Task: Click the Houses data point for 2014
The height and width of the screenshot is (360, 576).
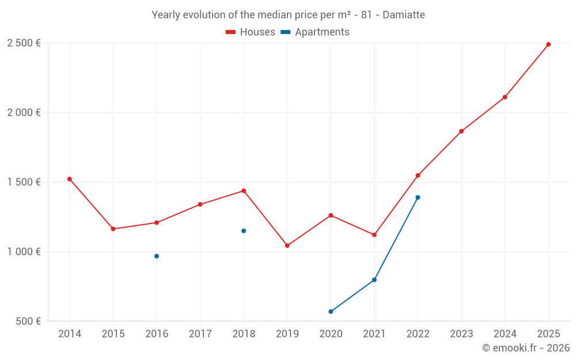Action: coord(70,179)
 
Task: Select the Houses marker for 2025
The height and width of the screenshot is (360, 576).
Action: coord(548,44)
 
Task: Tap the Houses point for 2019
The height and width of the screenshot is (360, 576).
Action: coord(287,245)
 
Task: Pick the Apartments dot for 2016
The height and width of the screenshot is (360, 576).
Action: coord(157,256)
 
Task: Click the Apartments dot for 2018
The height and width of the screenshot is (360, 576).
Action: coord(244,231)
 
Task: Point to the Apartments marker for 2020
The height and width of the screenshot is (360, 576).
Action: coord(331,312)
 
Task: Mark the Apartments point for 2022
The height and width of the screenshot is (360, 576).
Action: coord(418,198)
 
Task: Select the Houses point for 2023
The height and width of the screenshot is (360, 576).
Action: coord(461,131)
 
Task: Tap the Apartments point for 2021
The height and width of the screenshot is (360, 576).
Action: coord(374,280)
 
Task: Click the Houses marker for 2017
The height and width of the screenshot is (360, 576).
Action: coord(200,204)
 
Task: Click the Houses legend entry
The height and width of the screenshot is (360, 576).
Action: coord(251,32)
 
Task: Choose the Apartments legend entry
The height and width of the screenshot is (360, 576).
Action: coord(315,32)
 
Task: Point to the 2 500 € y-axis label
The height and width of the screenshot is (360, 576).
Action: coord(24,43)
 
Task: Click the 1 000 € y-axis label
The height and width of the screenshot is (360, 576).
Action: coord(24,252)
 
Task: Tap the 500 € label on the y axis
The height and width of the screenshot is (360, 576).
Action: coord(28,321)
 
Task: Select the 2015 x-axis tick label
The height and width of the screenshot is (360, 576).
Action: coord(113,334)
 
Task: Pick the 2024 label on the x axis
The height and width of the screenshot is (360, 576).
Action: coord(505,334)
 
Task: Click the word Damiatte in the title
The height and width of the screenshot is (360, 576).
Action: coord(403,15)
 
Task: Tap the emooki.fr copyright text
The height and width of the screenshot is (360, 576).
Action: coord(526,348)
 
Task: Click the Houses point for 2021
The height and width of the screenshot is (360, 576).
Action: coord(374,235)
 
